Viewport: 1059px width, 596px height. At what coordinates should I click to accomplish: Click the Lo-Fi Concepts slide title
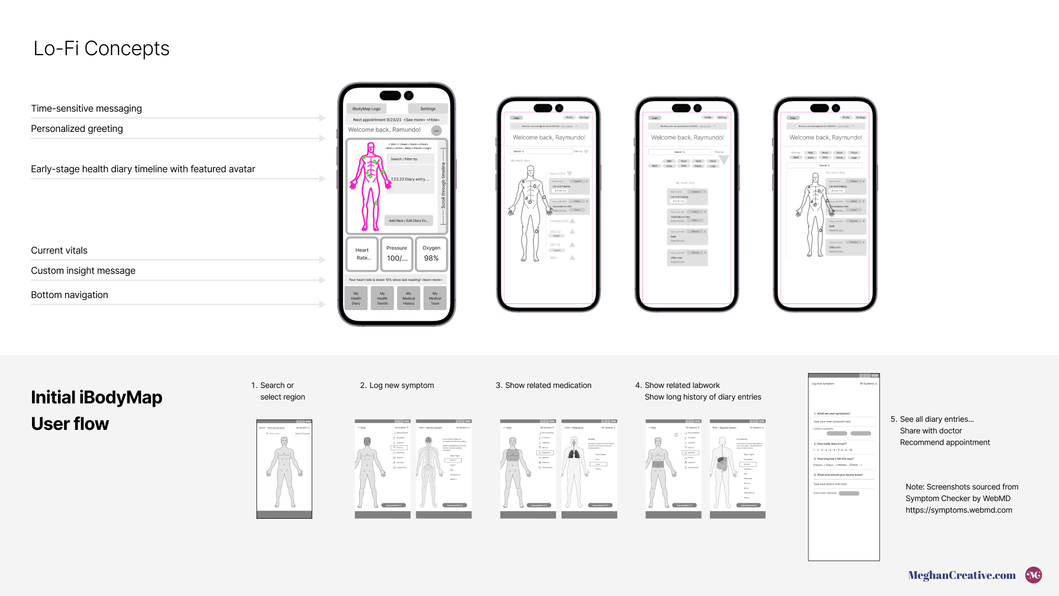coord(101,49)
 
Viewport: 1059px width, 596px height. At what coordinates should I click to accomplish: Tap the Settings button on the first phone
coord(427,109)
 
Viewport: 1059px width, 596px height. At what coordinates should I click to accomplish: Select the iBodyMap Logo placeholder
coord(366,109)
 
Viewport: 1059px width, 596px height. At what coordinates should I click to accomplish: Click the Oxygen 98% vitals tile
coord(431,254)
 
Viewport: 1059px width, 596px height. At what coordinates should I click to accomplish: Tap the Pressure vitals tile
coord(397,254)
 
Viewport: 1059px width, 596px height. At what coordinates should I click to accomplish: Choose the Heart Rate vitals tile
coord(362,254)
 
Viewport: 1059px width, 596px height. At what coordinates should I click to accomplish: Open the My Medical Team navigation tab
coord(435,298)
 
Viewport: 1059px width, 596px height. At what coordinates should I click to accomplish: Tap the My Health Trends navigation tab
coord(382,298)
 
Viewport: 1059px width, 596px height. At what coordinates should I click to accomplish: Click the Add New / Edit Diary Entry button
coord(408,221)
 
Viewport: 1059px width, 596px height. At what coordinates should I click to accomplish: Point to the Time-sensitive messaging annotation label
coord(87,109)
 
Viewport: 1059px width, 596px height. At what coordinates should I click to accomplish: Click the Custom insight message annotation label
coord(83,270)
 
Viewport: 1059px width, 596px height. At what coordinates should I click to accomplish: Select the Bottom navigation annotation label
coord(69,295)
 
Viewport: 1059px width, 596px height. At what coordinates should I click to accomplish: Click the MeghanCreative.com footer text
coord(962,575)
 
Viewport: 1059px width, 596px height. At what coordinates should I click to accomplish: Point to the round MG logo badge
coord(1034,575)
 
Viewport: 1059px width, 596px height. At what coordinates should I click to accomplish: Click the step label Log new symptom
coord(401,385)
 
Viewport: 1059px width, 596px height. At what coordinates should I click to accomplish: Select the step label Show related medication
coord(548,385)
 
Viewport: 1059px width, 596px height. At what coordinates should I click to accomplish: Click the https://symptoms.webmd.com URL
coord(959,510)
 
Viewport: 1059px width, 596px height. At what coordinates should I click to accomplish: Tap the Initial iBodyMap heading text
coord(97,397)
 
